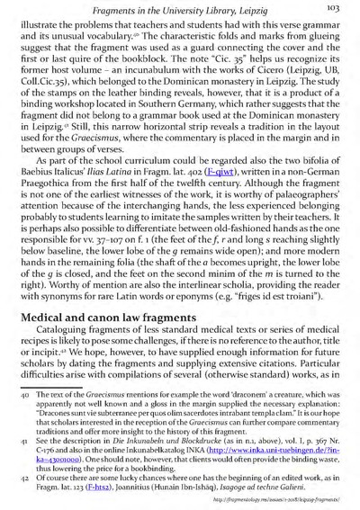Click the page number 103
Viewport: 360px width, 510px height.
[x=337, y=7]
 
